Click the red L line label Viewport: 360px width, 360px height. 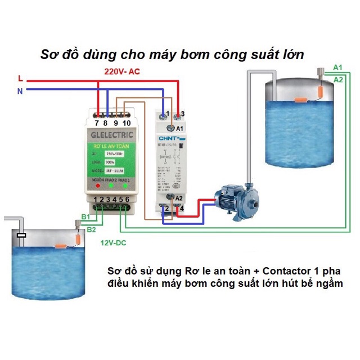coord(21,78)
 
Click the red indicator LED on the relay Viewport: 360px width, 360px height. coord(98,184)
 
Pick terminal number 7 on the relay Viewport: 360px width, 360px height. coord(97,123)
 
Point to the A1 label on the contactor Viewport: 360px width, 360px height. coord(179,129)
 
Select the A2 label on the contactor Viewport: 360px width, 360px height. coord(179,198)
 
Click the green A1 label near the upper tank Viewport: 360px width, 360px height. coord(337,67)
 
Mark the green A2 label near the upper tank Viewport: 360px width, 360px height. coord(338,79)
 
